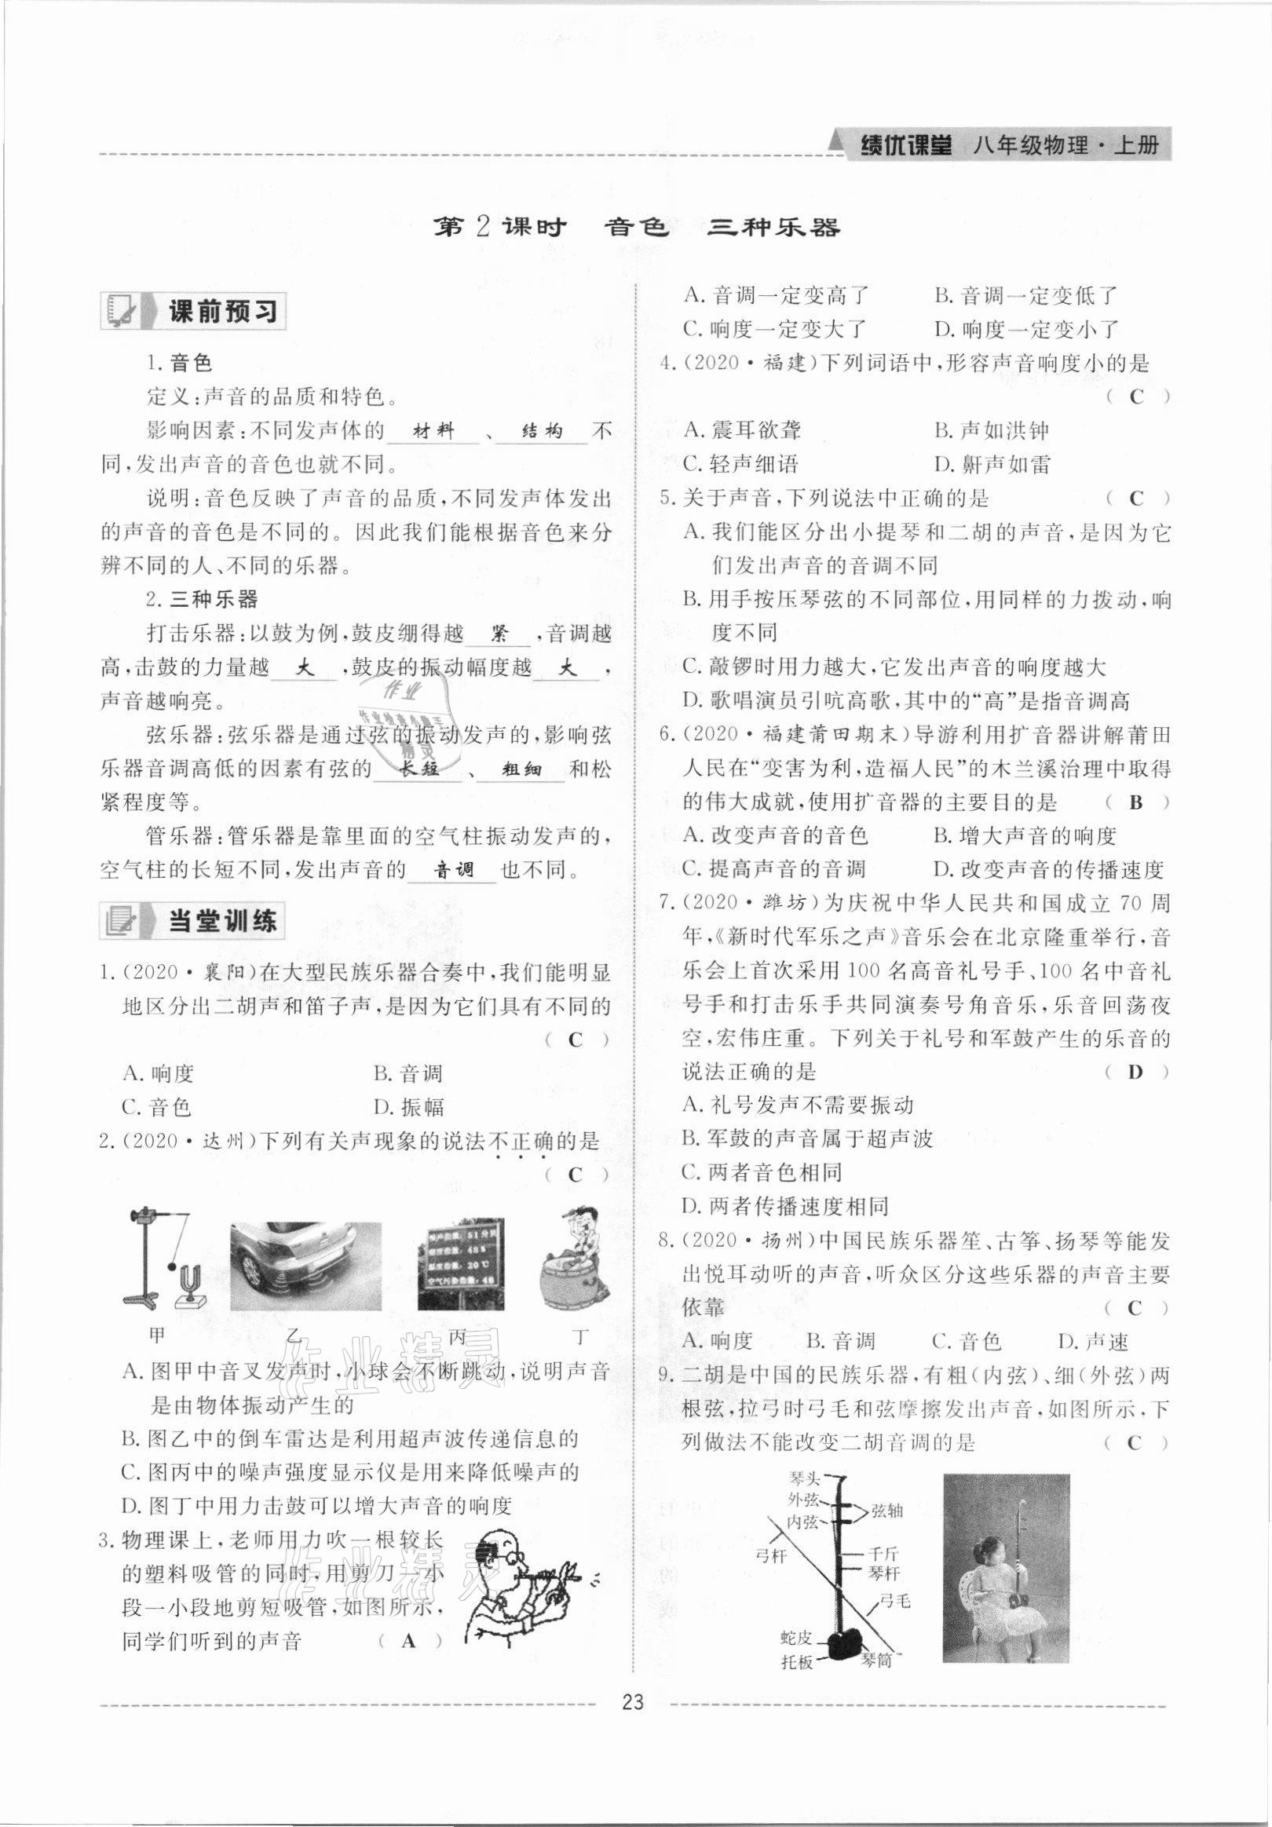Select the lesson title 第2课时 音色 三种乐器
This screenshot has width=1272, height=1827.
pyautogui.click(x=635, y=228)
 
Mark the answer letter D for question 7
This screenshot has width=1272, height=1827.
pyautogui.click(x=1135, y=1072)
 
